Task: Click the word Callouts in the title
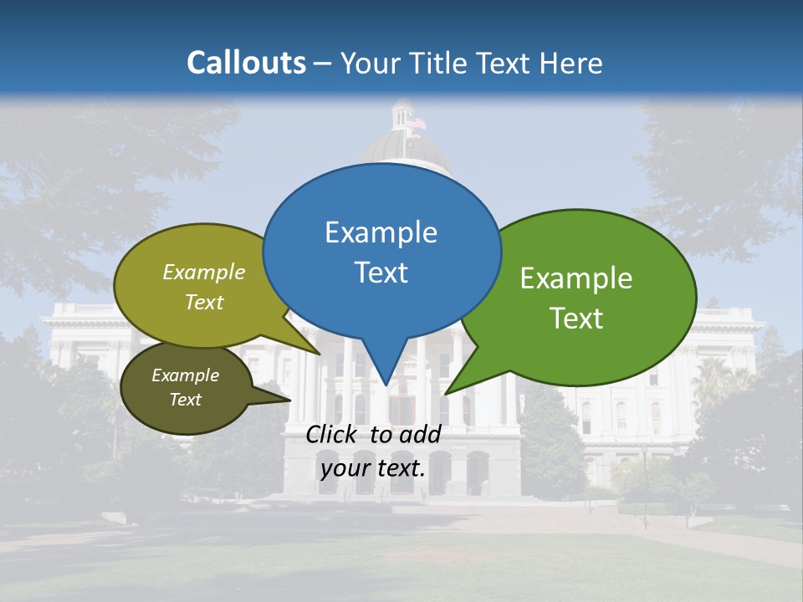246,63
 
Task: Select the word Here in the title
570,63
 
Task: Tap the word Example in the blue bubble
381,232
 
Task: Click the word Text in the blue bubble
381,273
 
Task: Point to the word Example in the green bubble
576,278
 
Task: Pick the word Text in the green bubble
576,318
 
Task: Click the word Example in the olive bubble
204,273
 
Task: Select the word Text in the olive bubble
204,302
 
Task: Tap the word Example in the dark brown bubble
185,375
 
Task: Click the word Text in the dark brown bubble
185,400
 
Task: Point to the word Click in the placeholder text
333,434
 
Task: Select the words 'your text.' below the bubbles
373,468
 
